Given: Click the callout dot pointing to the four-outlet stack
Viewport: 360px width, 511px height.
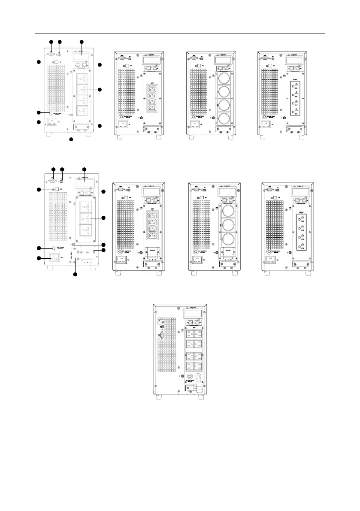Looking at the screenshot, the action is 100,90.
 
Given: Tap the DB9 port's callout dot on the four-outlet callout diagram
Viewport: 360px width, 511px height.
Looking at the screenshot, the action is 51,42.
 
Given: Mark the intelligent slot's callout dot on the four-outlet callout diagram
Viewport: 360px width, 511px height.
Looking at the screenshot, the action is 82,42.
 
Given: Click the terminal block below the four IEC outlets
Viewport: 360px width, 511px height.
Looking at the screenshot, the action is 154,253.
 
